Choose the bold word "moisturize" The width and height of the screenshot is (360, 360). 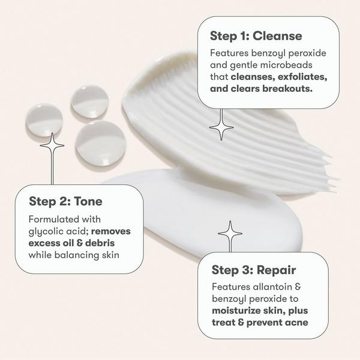click(237, 311)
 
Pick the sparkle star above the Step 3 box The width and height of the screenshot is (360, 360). click(230, 232)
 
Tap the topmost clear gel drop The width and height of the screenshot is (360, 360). click(90, 101)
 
